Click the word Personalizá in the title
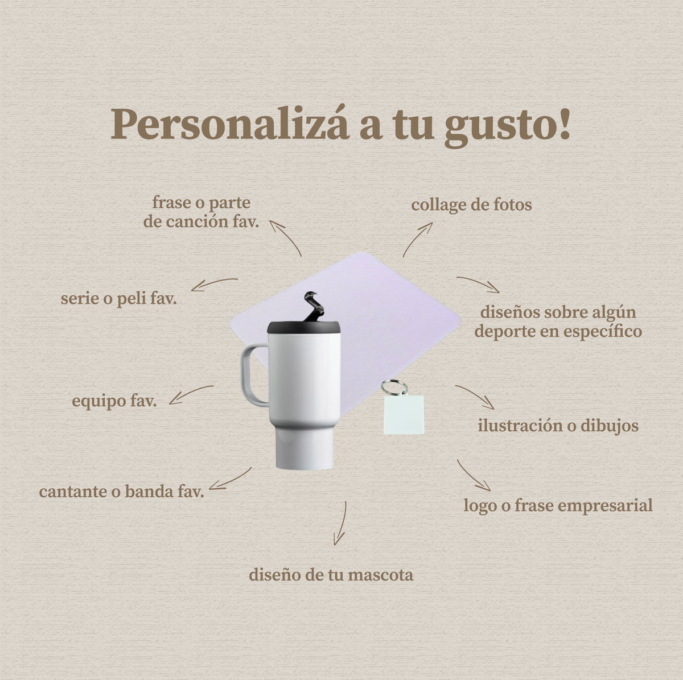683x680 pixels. pos(230,125)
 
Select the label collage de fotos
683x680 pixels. pos(471,205)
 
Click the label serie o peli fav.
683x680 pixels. pos(119,299)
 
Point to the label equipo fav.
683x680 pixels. pos(114,402)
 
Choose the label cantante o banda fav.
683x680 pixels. pos(122,492)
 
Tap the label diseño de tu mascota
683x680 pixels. pos(331,575)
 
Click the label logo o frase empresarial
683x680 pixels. pos(558,506)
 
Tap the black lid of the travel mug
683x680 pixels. pos(304,327)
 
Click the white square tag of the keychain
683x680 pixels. pos(404,414)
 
